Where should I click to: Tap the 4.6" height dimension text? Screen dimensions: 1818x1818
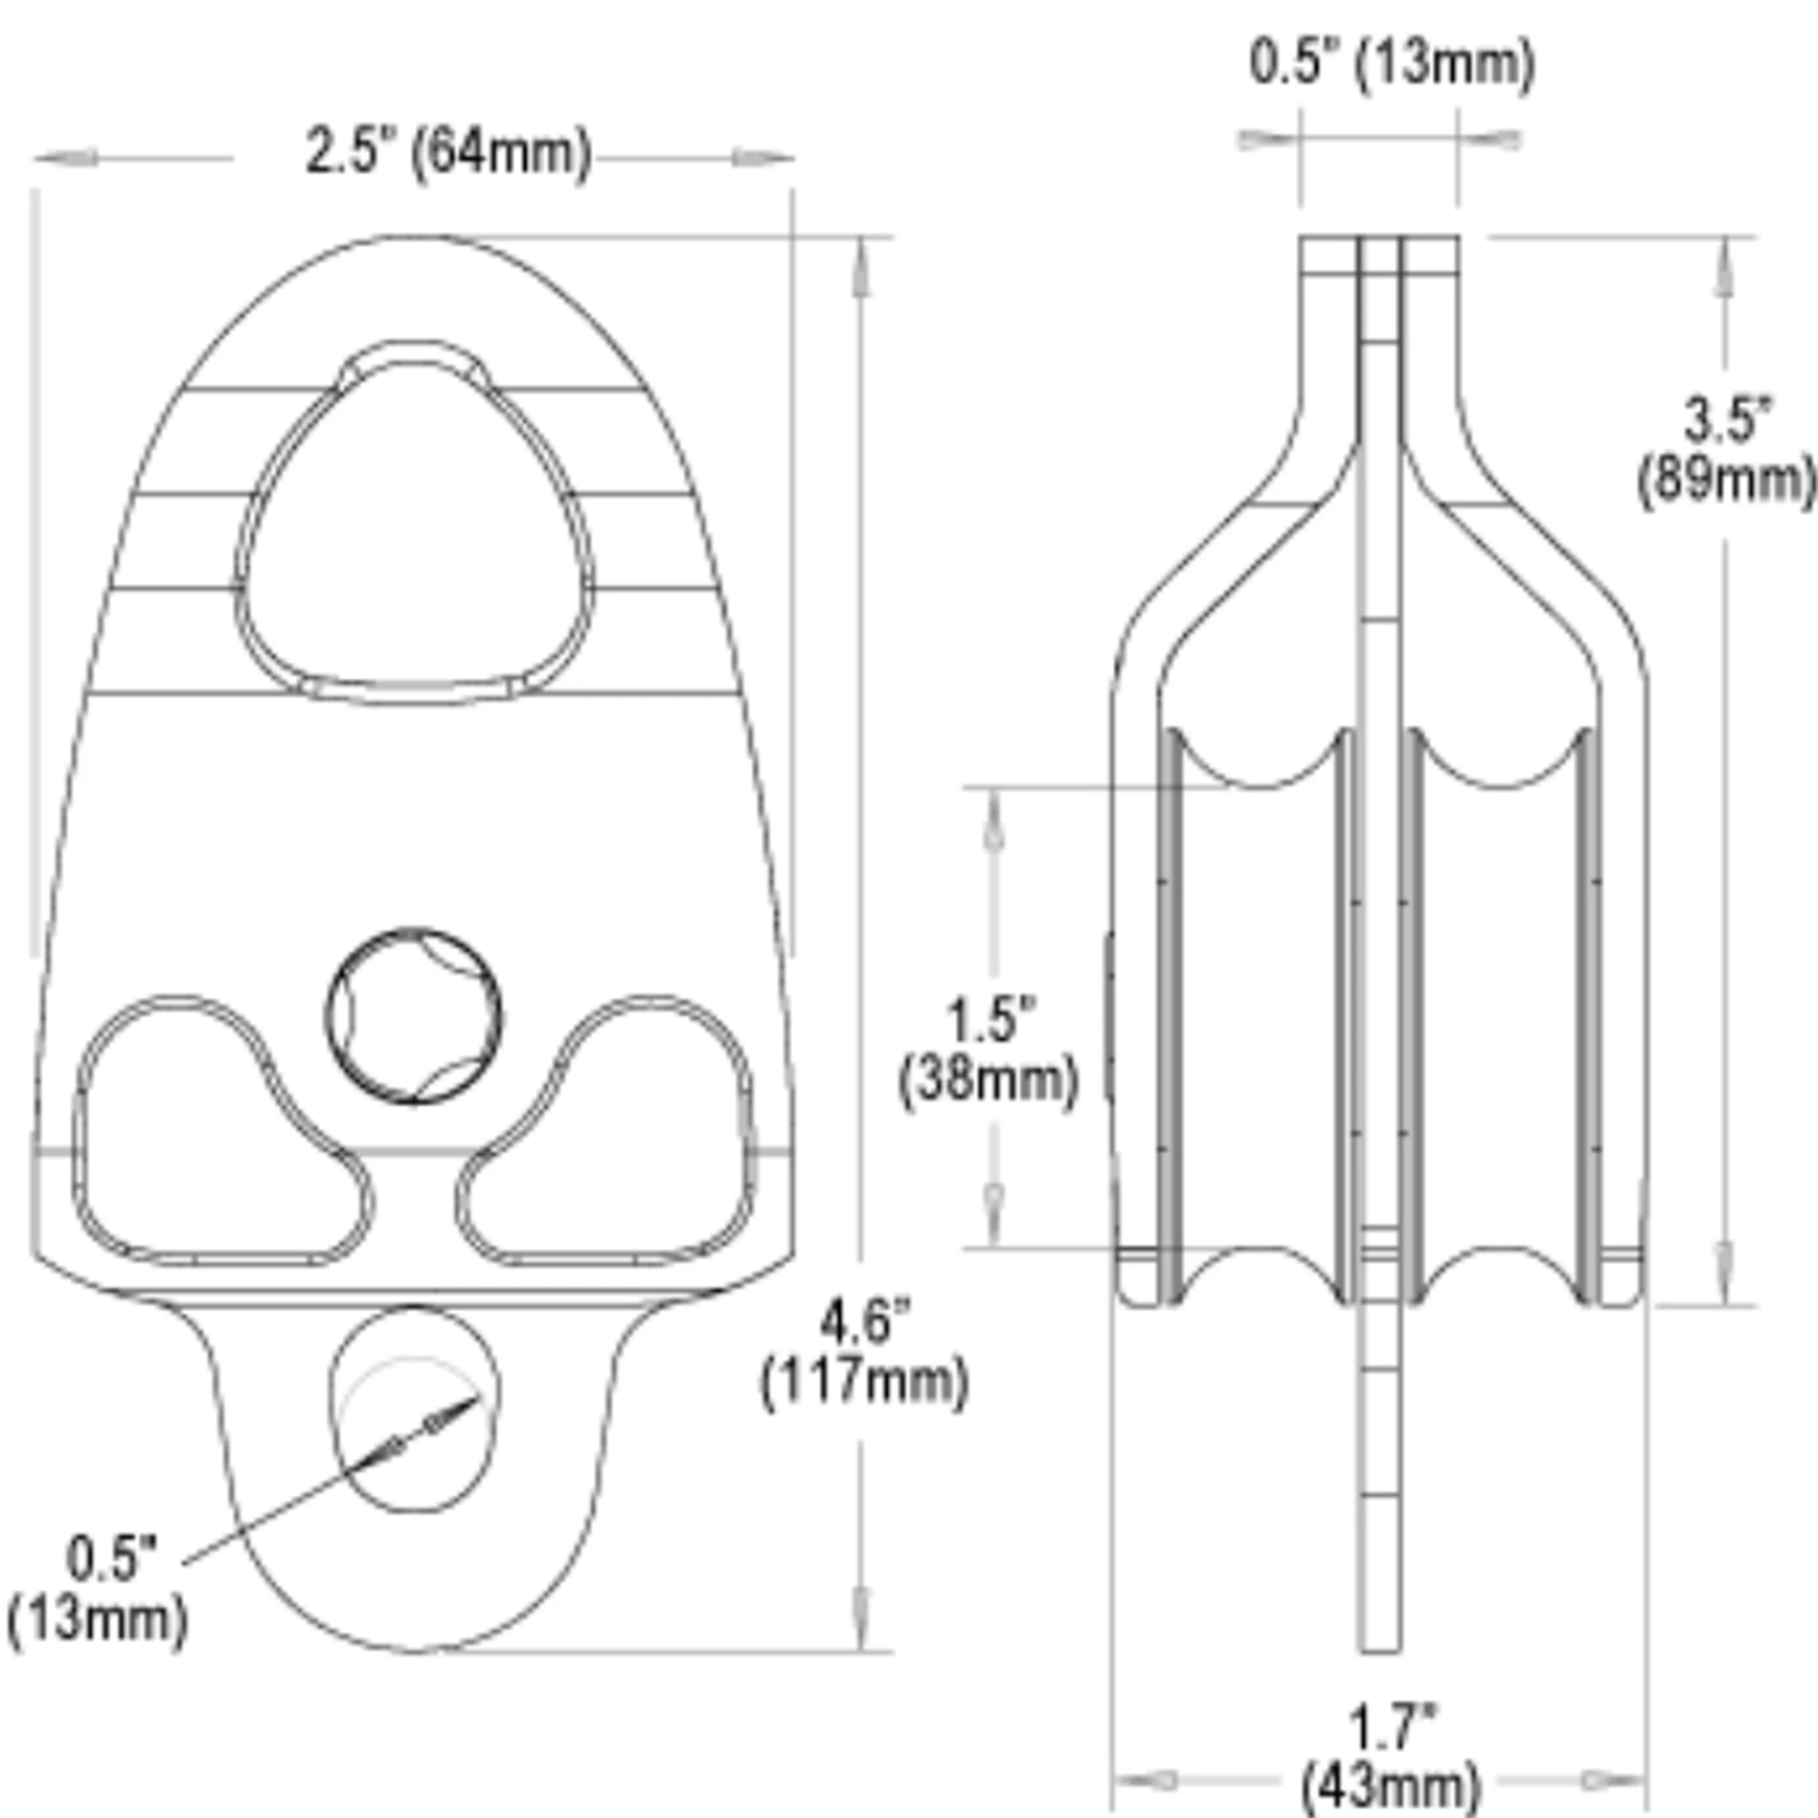point(864,1322)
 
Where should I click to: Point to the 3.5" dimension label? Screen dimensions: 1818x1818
point(1728,420)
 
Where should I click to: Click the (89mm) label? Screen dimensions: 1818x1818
point(1728,482)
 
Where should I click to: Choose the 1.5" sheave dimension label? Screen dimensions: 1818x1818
point(991,1019)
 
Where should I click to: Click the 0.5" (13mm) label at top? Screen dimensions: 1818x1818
point(1392,64)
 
